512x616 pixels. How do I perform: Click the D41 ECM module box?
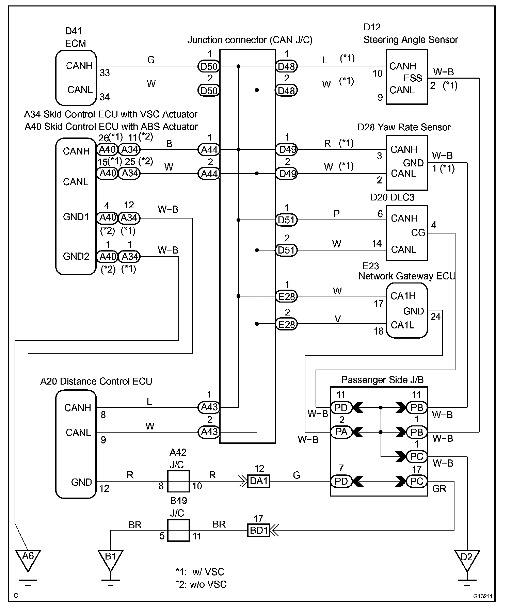click(x=76, y=78)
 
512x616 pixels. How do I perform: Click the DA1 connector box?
click(x=259, y=481)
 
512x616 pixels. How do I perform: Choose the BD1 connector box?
click(x=259, y=530)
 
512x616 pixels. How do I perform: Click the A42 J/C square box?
click(x=178, y=481)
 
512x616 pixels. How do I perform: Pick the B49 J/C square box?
click(x=178, y=530)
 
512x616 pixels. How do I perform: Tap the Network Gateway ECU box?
click(x=406, y=310)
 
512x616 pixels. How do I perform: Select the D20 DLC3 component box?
click(x=406, y=233)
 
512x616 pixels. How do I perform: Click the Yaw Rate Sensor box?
click(x=406, y=163)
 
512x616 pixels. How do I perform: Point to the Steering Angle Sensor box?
click(x=406, y=77)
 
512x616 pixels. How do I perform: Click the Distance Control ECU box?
click(x=76, y=444)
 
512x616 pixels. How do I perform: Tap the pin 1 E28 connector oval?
click(x=286, y=296)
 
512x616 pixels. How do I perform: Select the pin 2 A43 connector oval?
click(x=209, y=432)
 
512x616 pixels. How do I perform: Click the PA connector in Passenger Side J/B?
click(x=341, y=432)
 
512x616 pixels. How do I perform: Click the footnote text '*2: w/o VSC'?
click(x=201, y=584)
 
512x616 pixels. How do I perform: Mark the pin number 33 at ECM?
click(x=105, y=73)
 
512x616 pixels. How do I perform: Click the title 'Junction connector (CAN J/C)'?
click(x=250, y=40)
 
